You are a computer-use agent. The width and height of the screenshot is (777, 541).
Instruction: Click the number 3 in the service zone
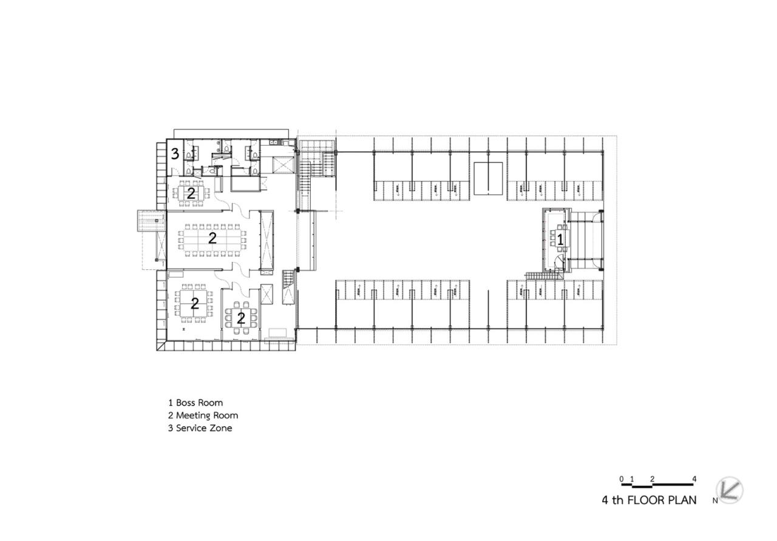pyautogui.click(x=175, y=153)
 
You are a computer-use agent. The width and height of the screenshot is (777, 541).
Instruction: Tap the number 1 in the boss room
pyautogui.click(x=560, y=240)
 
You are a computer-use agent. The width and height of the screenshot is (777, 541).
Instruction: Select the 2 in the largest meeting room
pyautogui.click(x=212, y=238)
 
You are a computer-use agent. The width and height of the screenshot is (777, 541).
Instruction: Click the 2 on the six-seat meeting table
pyautogui.click(x=241, y=318)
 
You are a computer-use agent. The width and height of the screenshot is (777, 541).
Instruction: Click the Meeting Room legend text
pyautogui.click(x=207, y=415)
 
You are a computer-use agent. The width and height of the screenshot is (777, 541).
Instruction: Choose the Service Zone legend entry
pyautogui.click(x=204, y=428)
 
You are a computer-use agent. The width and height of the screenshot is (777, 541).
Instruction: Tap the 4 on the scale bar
pyautogui.click(x=694, y=479)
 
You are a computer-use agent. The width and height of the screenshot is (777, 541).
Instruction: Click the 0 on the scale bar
pyautogui.click(x=622, y=479)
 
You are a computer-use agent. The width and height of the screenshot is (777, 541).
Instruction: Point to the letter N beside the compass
pyautogui.click(x=715, y=501)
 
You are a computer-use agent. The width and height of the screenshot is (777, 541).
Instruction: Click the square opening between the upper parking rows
pyautogui.click(x=488, y=178)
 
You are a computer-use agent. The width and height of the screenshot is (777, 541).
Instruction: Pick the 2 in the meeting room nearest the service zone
pyautogui.click(x=191, y=193)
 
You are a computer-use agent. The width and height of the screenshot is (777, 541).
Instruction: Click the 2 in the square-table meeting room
pyautogui.click(x=194, y=304)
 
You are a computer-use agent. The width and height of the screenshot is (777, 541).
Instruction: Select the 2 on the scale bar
pyautogui.click(x=652, y=479)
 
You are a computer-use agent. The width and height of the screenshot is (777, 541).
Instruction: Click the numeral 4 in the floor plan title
pyautogui.click(x=605, y=501)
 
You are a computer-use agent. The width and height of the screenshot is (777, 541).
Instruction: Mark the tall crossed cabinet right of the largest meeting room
pyautogui.click(x=265, y=240)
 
